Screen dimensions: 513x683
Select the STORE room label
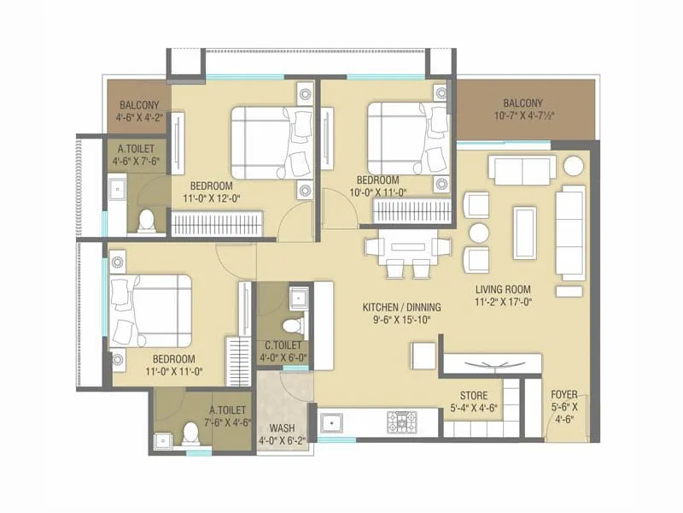(474, 396)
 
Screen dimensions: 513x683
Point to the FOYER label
(564, 395)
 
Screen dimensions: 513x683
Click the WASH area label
(283, 427)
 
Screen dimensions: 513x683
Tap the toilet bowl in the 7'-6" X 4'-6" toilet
(192, 434)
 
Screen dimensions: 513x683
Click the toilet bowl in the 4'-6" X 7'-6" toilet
(148, 220)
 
